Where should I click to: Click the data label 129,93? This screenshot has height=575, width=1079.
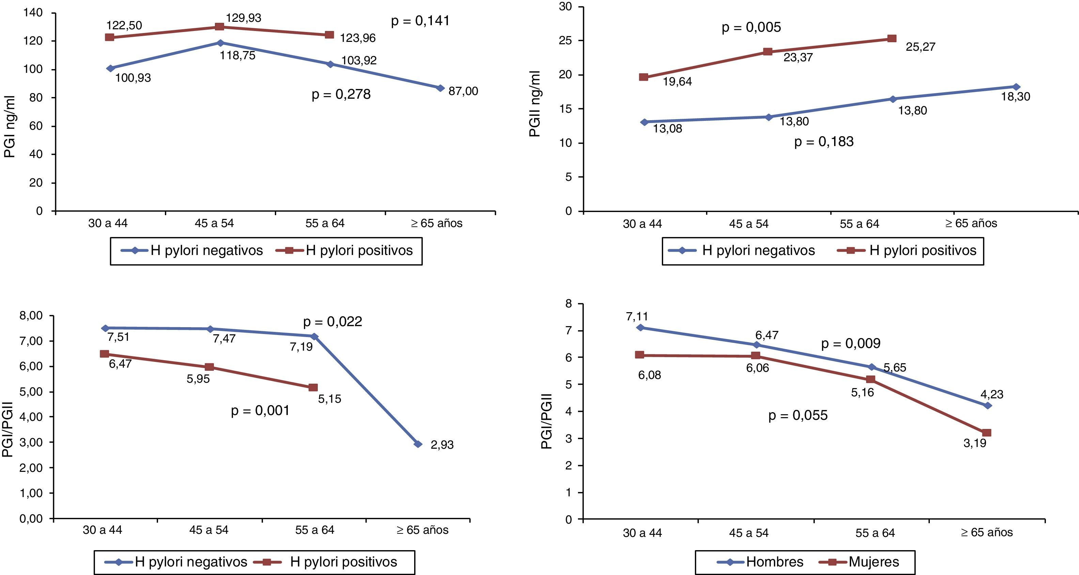(x=244, y=18)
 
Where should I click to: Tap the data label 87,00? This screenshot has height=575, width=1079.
(x=463, y=91)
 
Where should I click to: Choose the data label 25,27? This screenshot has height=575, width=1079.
(x=920, y=47)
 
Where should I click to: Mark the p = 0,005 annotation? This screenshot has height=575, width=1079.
(x=751, y=27)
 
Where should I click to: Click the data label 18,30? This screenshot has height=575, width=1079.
(x=1015, y=97)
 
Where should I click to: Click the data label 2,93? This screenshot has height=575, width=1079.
(x=442, y=445)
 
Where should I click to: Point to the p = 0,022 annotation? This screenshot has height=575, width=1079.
(x=332, y=322)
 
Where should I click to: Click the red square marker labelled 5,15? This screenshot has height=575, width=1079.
(x=313, y=387)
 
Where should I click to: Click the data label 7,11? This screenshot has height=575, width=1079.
(x=637, y=317)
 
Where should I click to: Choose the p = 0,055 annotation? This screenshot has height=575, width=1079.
(x=798, y=415)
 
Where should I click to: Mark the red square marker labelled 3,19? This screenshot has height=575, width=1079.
(x=986, y=433)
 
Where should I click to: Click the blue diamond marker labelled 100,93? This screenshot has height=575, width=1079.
(x=111, y=68)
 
